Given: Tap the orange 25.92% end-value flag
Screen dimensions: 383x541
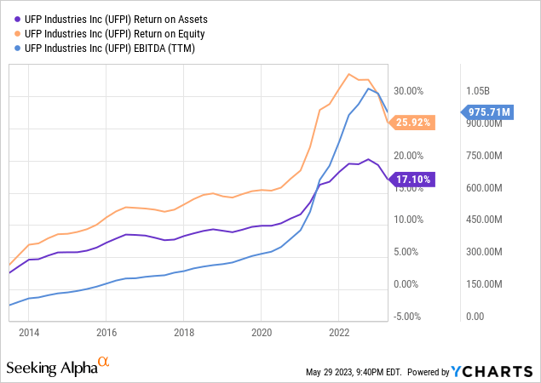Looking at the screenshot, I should (x=414, y=123).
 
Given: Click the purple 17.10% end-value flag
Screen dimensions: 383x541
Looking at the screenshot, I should (x=414, y=180).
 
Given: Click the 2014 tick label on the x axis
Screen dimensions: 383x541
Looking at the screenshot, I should (x=29, y=332).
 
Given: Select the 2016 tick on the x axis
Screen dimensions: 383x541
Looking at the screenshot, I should (x=106, y=332).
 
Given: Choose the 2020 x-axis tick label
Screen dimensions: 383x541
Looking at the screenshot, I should (x=262, y=332).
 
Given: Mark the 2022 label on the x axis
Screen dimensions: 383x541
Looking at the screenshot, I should (x=339, y=332).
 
